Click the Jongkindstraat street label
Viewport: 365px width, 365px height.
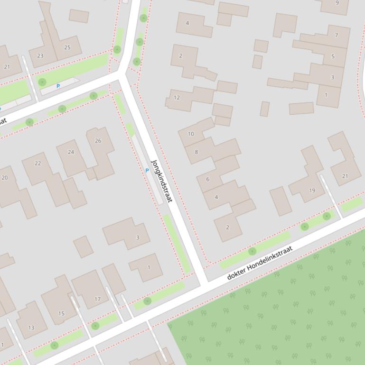pos(161,181)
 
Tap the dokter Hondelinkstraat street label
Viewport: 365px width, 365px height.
pos(260,263)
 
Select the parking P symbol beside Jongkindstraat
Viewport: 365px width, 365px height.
pos(147,170)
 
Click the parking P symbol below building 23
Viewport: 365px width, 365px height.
pos(58,86)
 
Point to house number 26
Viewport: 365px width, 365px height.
pos(98,141)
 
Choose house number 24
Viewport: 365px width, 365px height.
pos(71,152)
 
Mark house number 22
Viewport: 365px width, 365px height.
pos(38,164)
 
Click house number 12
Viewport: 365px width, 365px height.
pos(177,98)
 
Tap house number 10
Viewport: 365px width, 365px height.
pos(191,134)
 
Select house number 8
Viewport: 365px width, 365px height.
pos(196,152)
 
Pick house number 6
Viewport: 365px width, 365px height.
pos(207,179)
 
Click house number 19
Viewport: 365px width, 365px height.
pos(312,191)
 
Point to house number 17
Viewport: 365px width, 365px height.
pos(97,299)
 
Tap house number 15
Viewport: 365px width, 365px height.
pos(61,313)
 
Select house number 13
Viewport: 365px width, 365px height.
pos(31,328)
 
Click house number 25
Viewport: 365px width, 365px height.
pos(67,47)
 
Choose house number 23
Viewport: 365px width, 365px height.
pos(40,56)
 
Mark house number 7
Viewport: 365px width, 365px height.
pos(337,36)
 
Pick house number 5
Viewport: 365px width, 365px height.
pos(333,56)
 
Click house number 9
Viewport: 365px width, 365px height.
pos(337,3)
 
